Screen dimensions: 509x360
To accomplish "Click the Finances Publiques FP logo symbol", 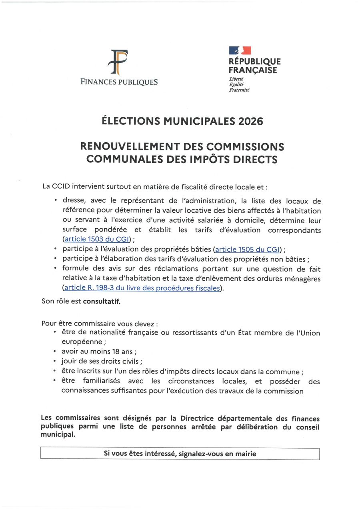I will (x=119, y=62).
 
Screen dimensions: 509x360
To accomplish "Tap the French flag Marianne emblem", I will (x=240, y=50).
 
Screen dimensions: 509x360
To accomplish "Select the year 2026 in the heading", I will (x=251, y=121).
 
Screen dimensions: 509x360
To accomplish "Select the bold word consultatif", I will (x=102, y=301).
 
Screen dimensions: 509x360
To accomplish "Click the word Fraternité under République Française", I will (x=239, y=90).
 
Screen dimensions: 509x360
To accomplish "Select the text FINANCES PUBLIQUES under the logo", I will (x=119, y=82).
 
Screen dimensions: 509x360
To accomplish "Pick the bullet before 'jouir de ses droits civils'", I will (x=54, y=361).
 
